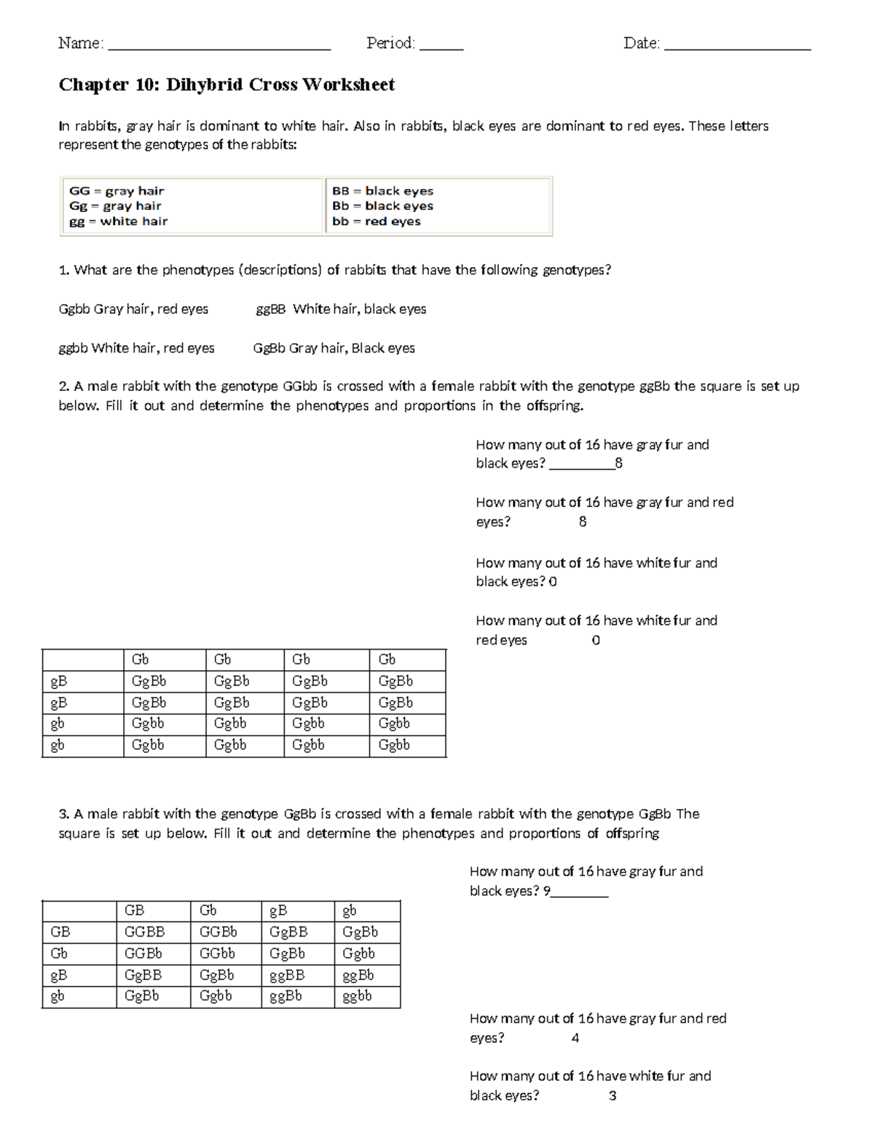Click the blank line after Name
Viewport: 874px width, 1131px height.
[219, 47]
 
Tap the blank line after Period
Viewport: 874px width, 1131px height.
[441, 47]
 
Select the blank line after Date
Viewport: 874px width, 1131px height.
[737, 47]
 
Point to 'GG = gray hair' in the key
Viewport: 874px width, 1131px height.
[117, 191]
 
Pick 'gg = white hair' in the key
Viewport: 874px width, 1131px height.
[118, 221]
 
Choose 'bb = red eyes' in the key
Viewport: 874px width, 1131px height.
[376, 221]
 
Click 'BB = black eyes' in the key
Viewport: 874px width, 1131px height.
[382, 191]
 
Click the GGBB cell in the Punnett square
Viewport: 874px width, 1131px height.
[144, 931]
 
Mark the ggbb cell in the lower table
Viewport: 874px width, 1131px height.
[357, 996]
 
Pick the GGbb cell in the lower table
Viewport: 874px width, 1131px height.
[217, 953]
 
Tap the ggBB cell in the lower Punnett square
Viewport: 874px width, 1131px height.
[287, 975]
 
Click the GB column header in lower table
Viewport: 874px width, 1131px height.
[135, 910]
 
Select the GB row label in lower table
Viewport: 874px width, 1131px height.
[60, 931]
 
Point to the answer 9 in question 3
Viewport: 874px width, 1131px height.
[547, 891]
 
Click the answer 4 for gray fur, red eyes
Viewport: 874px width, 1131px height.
[575, 1038]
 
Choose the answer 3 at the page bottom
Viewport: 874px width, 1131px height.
[613, 1095]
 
